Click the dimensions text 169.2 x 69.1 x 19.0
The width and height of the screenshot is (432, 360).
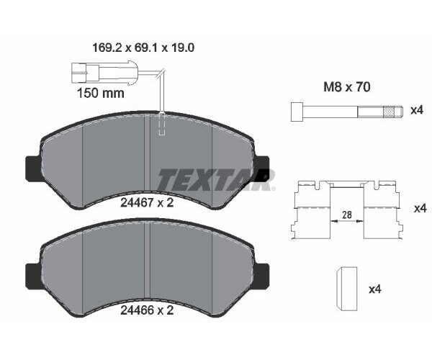coord(143,48)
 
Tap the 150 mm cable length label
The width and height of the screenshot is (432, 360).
coord(101,93)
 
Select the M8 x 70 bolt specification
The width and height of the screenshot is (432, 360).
coord(347,87)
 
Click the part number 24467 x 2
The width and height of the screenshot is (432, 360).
coord(147,203)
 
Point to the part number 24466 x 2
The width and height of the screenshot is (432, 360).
coord(147,310)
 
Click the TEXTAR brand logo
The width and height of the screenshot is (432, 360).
coord(217,179)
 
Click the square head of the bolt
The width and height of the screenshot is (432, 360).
coord(297,112)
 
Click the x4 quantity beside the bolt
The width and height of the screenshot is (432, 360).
coord(417,110)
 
